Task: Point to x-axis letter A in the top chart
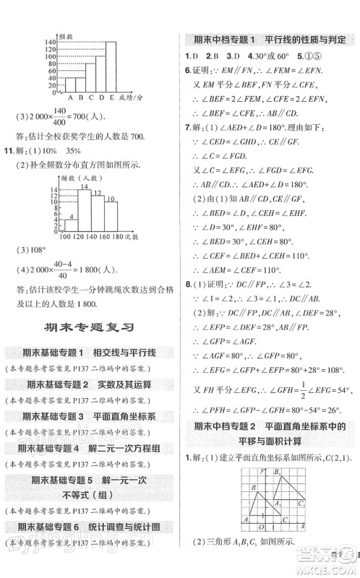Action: (x=71, y=96)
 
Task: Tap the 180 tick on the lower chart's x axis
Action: (x=117, y=238)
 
